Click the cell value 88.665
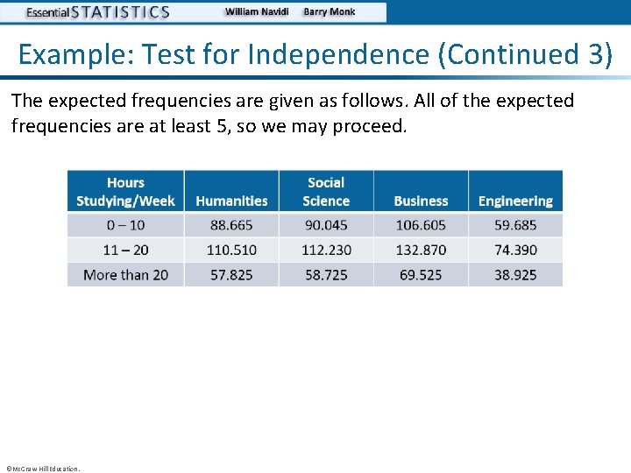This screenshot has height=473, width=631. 231,225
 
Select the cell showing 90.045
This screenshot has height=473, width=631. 326,225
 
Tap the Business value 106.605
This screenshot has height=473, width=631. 421,225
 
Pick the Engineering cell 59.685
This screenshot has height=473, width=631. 515,225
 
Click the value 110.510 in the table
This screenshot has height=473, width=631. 231,250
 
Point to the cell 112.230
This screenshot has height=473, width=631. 326,250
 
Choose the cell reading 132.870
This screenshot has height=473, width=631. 421,250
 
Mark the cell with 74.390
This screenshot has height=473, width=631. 515,250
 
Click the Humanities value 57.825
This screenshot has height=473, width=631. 231,274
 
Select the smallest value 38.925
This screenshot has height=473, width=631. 515,274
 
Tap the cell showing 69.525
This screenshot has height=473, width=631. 421,274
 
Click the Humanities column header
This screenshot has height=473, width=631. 231,201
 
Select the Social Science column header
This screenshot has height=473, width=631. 326,192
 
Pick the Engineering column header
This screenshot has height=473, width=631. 515,201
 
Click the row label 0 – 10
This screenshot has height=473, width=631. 125,225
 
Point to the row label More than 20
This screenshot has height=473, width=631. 125,274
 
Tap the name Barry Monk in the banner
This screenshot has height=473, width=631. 330,12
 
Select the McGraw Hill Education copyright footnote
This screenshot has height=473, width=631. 42,469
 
